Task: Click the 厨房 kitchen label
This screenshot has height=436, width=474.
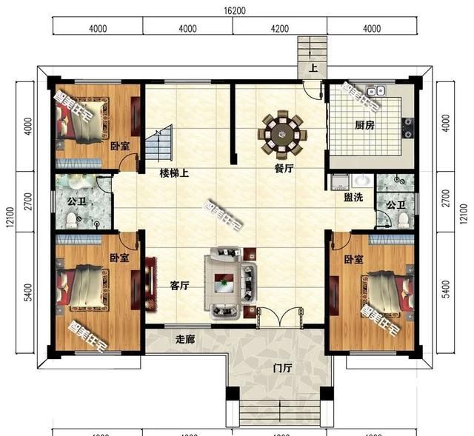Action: coord(364,126)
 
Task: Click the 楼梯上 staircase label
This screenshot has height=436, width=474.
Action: coord(174,173)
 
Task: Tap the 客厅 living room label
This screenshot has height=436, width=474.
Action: coord(180,286)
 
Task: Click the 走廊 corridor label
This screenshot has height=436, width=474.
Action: coord(185,340)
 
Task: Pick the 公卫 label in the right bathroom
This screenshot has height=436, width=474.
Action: coord(395,205)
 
